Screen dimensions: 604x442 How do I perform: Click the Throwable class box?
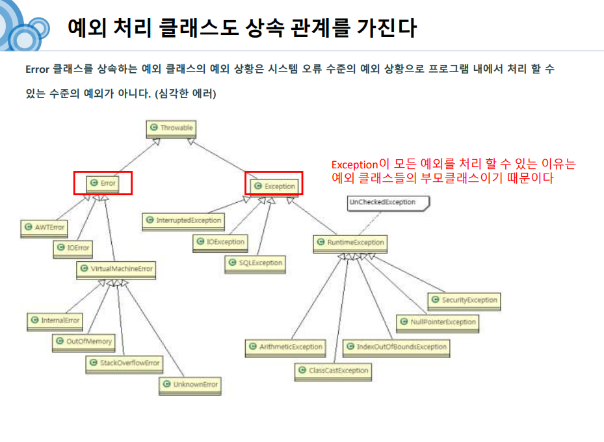tap(172, 128)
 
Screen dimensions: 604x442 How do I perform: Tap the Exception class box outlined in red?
tap(274, 186)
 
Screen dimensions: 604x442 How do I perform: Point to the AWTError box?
tap(44, 227)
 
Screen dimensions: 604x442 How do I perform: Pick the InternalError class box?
tap(55, 320)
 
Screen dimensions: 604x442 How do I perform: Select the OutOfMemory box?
tap(84, 341)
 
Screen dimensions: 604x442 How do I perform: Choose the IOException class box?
tap(220, 242)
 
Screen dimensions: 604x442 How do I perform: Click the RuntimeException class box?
tap(350, 243)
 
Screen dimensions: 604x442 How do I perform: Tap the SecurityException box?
tap(464, 300)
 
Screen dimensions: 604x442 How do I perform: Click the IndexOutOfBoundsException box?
tap(396, 347)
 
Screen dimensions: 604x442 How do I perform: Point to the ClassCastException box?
tap(333, 370)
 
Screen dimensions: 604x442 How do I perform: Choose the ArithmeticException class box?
tap(285, 347)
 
